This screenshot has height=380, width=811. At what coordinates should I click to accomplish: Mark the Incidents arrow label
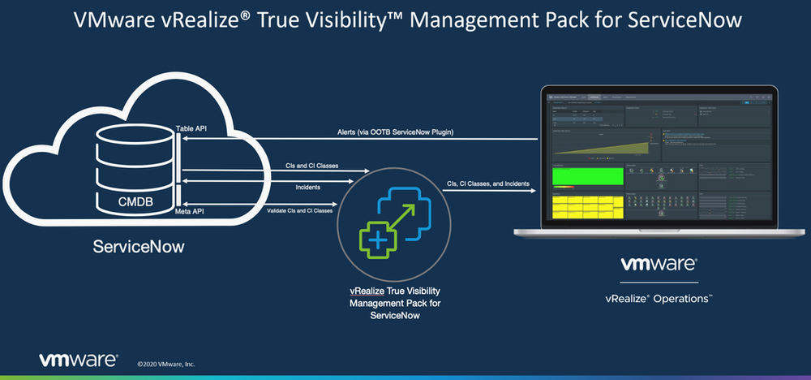[307, 188]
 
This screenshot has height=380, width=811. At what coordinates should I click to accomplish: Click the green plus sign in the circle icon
[375, 239]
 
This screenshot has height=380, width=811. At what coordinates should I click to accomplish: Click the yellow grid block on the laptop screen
[586, 207]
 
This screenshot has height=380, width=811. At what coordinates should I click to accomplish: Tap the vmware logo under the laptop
[659, 265]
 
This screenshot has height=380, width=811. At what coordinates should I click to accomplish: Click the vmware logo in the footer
[79, 360]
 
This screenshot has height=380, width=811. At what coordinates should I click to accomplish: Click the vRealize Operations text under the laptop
[659, 299]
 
